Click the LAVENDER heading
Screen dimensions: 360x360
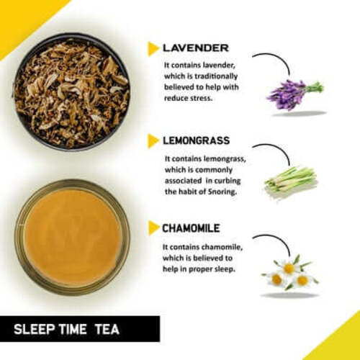[x=195, y=48]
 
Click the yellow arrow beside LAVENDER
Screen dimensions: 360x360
[x=153, y=49]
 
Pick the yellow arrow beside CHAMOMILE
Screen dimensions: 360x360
[x=153, y=228]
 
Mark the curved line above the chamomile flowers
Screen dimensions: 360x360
[x=272, y=240]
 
